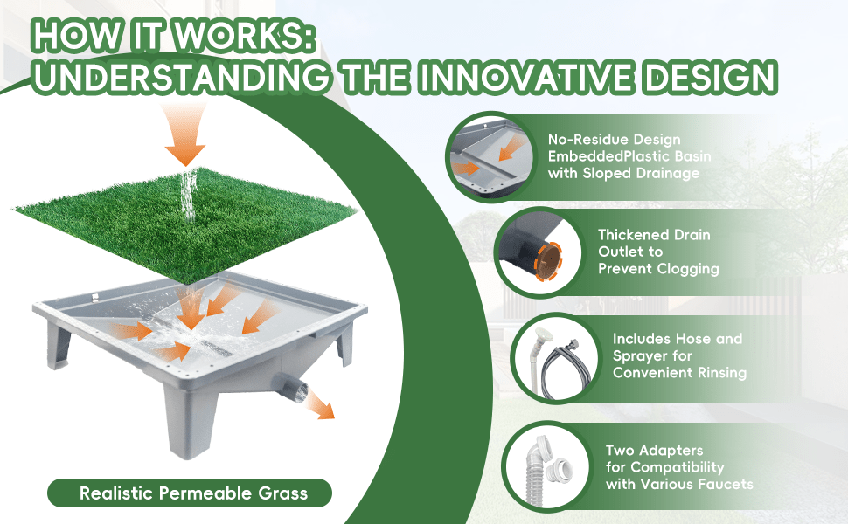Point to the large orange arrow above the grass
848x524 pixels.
tap(185, 134)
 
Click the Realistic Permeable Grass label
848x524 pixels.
tap(193, 493)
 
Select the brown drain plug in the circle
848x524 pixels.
tap(547, 261)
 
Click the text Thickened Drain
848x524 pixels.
tap(654, 235)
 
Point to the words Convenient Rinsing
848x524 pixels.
tap(679, 373)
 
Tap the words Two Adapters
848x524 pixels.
tap(655, 451)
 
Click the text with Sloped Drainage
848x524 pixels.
tap(623, 174)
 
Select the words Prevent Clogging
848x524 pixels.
tap(658, 269)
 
